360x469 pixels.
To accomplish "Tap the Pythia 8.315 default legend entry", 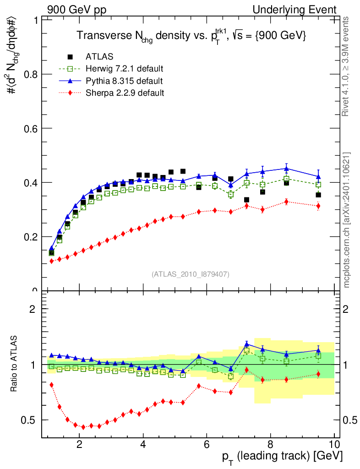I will (124, 81).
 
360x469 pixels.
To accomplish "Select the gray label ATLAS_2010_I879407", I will (191, 274).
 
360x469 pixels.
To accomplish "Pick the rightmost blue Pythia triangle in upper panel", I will (318, 176).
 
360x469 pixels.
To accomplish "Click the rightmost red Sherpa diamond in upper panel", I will (318, 206).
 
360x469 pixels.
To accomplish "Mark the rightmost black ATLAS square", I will (318, 195).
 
